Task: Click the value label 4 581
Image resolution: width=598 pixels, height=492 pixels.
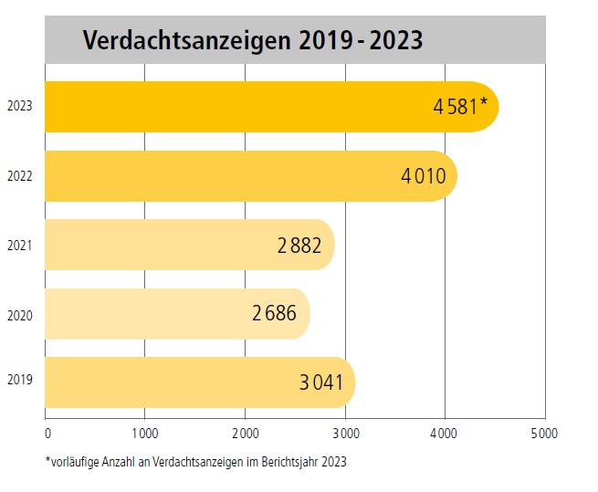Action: tap(456, 107)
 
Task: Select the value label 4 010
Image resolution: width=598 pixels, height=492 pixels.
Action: tap(424, 175)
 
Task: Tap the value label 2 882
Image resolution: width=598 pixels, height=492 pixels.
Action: tap(299, 245)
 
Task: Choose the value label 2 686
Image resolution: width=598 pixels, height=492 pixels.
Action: tap(275, 314)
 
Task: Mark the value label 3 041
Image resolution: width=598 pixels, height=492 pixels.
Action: tap(321, 382)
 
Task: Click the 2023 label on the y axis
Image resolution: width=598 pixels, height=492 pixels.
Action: tap(19, 107)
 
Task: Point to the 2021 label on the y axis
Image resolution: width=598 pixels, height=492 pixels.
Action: tap(19, 245)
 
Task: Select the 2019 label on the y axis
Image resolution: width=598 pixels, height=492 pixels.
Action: tap(19, 378)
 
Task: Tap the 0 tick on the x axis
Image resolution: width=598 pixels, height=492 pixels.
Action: tap(47, 432)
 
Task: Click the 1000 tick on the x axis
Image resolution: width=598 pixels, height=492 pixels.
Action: tap(146, 432)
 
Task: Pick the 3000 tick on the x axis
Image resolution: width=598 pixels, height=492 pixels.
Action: tap(345, 432)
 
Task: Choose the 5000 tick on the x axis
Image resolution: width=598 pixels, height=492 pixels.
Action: tap(544, 432)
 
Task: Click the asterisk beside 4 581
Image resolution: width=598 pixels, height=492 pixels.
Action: tap(483, 101)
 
